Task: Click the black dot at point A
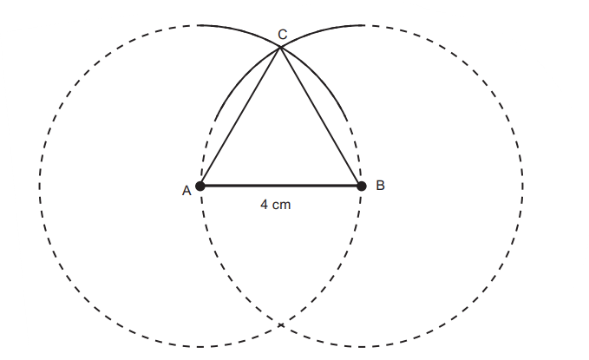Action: (x=200, y=186)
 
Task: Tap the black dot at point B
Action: (x=362, y=186)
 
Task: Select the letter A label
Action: (x=187, y=191)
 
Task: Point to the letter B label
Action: (x=380, y=186)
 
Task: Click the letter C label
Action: (x=283, y=34)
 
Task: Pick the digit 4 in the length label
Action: (x=264, y=205)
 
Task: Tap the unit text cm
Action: (x=282, y=206)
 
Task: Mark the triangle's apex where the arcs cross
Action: (x=280, y=47)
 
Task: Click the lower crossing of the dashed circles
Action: (x=280, y=324)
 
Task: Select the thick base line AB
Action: (x=280, y=186)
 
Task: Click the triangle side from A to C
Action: (x=240, y=116)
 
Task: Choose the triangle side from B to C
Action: (x=321, y=116)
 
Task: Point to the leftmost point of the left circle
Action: (x=39, y=186)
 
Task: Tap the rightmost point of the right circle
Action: (x=522, y=186)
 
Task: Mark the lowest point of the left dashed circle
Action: (x=200, y=346)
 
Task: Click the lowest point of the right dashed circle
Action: (x=362, y=346)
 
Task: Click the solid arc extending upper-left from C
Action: (x=240, y=31)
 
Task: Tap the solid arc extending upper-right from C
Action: (x=321, y=31)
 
